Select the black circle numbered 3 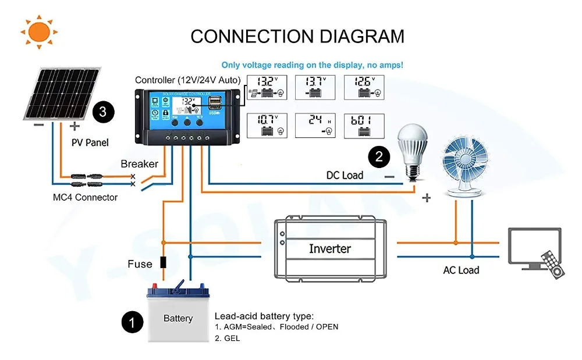click(103, 111)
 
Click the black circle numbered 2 click(379, 156)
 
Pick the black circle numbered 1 click(133, 322)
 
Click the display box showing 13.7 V click(315, 88)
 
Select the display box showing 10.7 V click(267, 126)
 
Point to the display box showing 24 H click(315, 126)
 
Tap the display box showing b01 click(364, 126)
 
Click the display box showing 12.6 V click(364, 88)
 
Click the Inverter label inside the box click(329, 249)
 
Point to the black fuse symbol click(164, 262)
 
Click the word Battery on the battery click(178, 318)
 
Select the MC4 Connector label click(85, 197)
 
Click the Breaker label click(139, 164)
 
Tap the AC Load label click(461, 270)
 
